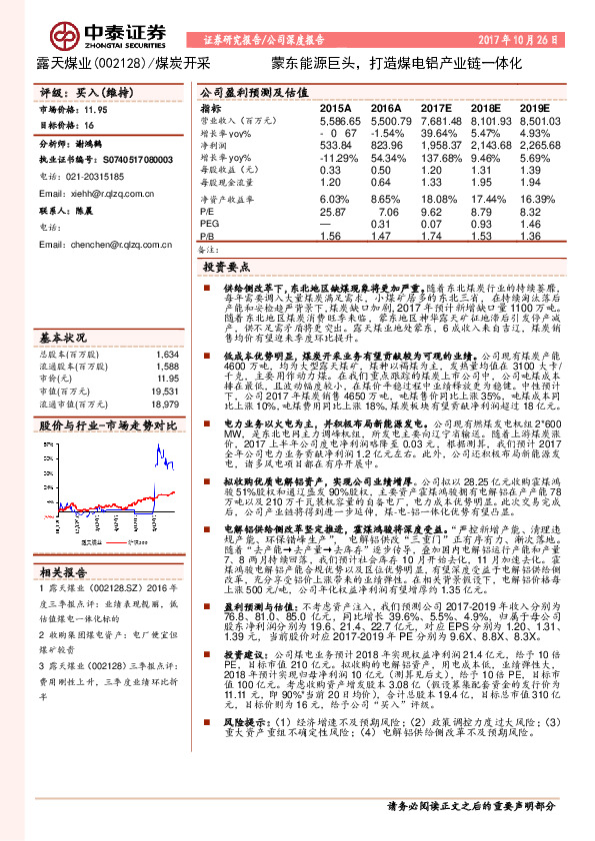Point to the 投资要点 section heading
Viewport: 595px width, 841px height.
point(226,268)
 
